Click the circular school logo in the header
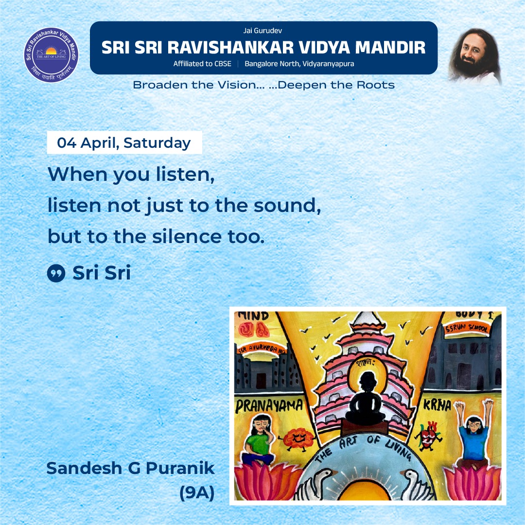[x=51, y=55]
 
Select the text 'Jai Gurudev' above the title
[x=263, y=31]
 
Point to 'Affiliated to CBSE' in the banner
[x=202, y=64]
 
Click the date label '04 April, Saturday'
[x=124, y=143]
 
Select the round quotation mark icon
[x=56, y=274]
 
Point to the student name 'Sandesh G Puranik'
[x=130, y=468]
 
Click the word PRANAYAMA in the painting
[x=269, y=405]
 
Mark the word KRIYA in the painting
[x=441, y=404]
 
